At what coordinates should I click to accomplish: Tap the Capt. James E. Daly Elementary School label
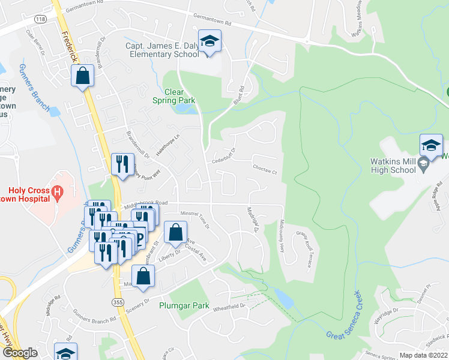(x=162, y=50)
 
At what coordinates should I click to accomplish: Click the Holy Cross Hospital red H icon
(x=58, y=193)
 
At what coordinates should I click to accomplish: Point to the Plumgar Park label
(x=184, y=305)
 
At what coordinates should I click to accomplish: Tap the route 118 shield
(x=40, y=19)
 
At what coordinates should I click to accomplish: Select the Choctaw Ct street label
(x=264, y=169)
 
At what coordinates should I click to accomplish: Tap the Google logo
(x=20, y=353)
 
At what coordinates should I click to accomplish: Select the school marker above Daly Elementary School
(x=209, y=42)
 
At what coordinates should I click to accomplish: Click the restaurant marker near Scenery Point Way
(x=122, y=164)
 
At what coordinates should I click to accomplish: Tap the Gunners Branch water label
(x=34, y=88)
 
